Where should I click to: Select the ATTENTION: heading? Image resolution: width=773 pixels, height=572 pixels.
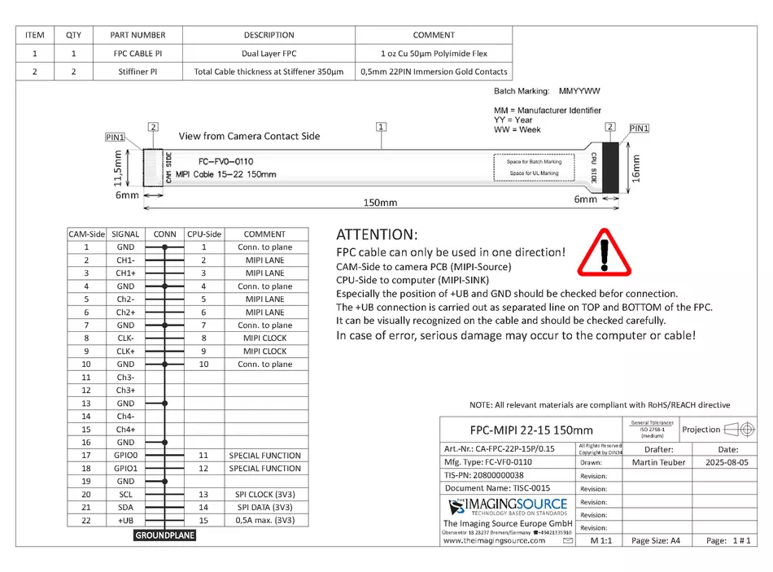(376, 234)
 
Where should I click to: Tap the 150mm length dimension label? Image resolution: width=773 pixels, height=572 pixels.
(380, 203)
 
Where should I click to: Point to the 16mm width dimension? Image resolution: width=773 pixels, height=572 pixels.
(636, 168)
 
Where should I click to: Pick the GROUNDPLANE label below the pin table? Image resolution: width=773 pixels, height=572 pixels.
(165, 535)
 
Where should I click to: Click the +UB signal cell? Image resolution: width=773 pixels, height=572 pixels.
(125, 520)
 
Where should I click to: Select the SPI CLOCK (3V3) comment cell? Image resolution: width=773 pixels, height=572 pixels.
(264, 494)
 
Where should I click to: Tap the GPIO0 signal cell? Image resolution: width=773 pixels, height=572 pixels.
(125, 456)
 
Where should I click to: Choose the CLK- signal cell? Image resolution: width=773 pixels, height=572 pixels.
(125, 338)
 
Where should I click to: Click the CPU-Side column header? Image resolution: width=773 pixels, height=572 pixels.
(203, 234)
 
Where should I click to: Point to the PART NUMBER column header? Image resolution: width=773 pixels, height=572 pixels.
(137, 35)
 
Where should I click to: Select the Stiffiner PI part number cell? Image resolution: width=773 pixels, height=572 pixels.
(137, 72)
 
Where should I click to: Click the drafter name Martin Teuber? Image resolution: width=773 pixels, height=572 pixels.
(658, 462)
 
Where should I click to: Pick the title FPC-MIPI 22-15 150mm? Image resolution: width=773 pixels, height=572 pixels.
(532, 430)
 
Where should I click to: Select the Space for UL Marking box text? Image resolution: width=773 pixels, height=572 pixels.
(534, 173)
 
